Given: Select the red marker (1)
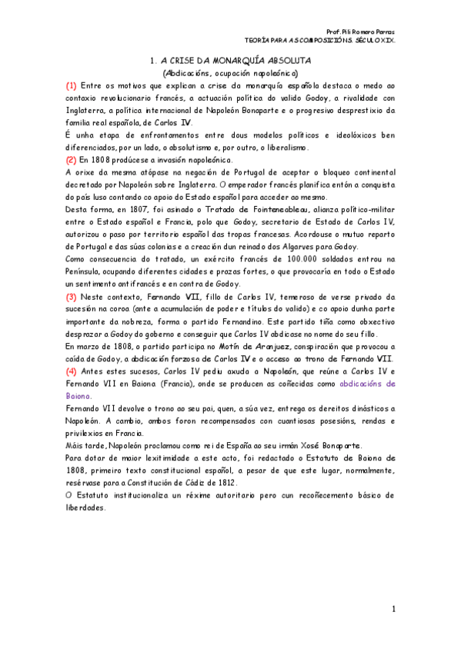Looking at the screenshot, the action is click(x=71, y=85).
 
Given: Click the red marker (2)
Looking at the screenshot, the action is click(x=71, y=159).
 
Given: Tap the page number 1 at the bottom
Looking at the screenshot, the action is click(x=393, y=610).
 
